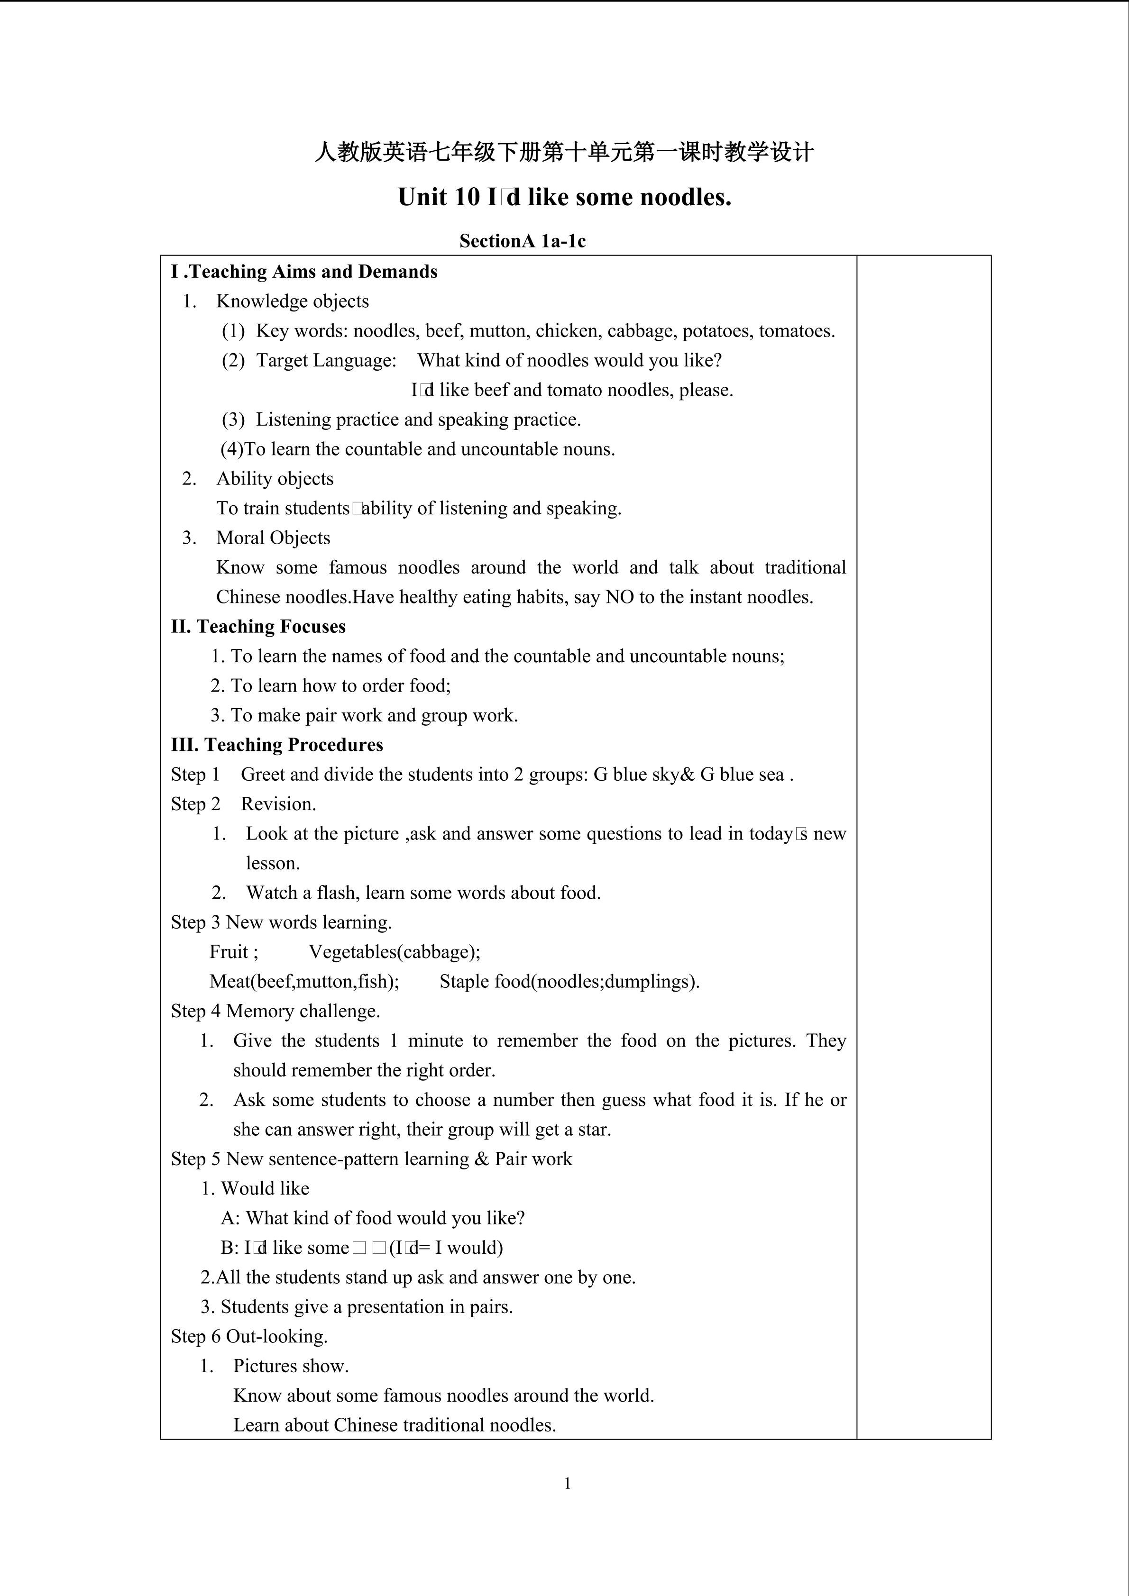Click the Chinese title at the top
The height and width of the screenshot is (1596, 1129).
point(564,152)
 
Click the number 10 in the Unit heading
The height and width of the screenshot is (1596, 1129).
point(465,197)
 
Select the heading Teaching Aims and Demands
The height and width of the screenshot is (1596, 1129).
point(313,272)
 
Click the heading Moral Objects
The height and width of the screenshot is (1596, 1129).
point(273,538)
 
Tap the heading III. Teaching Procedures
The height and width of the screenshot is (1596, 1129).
point(277,745)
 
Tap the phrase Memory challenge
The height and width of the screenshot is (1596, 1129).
point(303,1011)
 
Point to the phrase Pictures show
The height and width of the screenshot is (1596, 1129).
point(291,1366)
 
